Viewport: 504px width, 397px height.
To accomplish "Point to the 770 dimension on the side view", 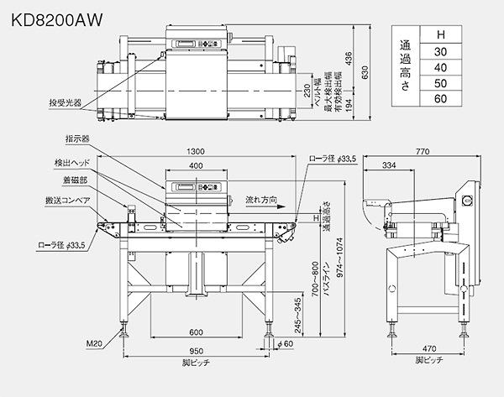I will click(423, 151).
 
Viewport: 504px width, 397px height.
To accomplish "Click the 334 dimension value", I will click(388, 166).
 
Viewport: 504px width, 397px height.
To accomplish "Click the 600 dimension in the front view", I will click(196, 330).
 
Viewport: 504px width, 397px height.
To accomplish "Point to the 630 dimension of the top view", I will click(364, 73).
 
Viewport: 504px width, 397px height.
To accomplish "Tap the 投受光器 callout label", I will click(65, 103).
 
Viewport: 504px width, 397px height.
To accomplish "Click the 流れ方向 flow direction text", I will click(261, 201).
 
